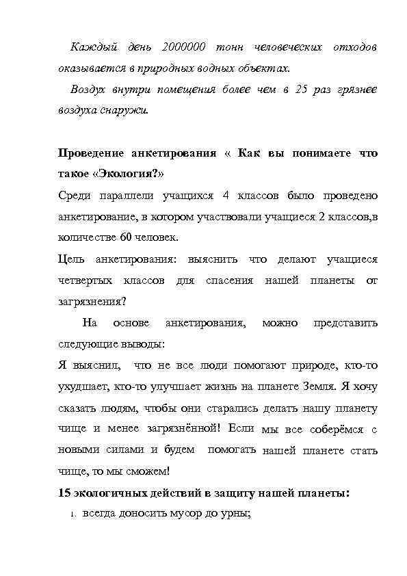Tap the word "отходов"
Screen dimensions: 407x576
354,48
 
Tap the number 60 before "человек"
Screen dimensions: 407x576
126,237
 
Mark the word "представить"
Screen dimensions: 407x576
345,322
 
